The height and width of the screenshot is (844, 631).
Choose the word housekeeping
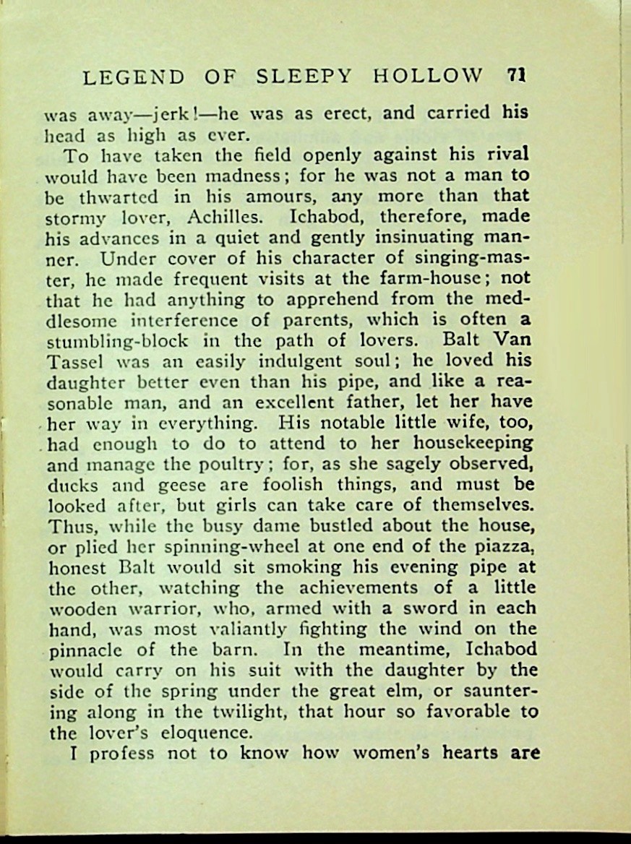[x=473, y=443]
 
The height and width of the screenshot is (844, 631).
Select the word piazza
[x=504, y=546]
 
